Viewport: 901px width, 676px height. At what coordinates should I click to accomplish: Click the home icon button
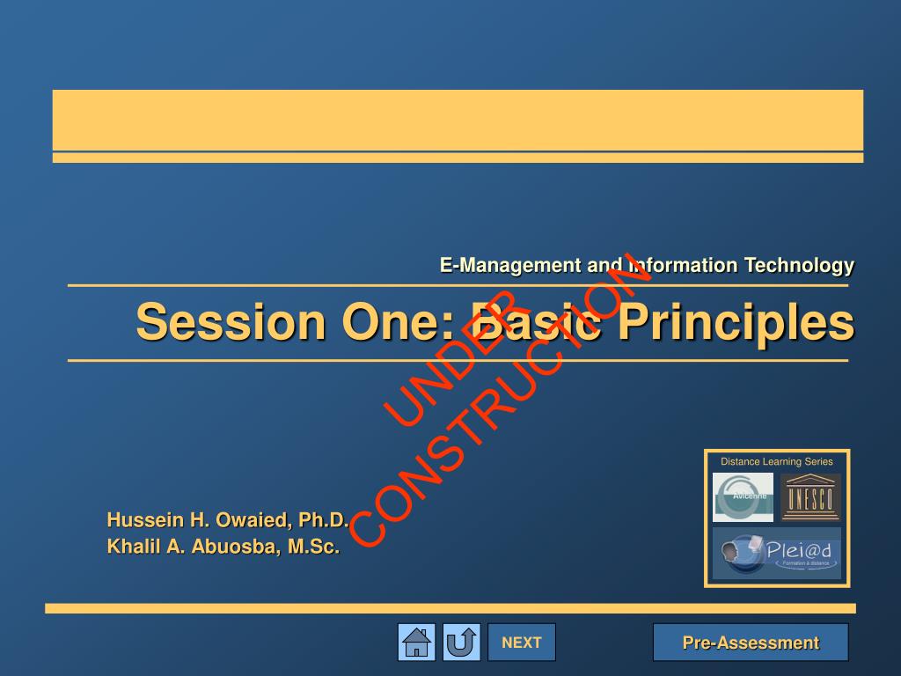click(416, 643)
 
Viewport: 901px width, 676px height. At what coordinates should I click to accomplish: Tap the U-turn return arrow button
click(461, 643)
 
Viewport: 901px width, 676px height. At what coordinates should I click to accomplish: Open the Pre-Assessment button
click(751, 643)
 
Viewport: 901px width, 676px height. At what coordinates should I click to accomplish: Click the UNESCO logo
click(810, 497)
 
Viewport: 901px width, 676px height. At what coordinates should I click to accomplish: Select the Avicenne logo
click(743, 497)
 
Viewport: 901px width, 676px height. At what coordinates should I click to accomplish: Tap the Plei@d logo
click(776, 553)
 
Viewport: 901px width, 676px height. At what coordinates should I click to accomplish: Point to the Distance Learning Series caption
click(776, 461)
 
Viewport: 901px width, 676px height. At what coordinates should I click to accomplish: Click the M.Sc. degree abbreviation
click(313, 547)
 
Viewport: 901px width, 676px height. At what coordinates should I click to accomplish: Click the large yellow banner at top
click(458, 120)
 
